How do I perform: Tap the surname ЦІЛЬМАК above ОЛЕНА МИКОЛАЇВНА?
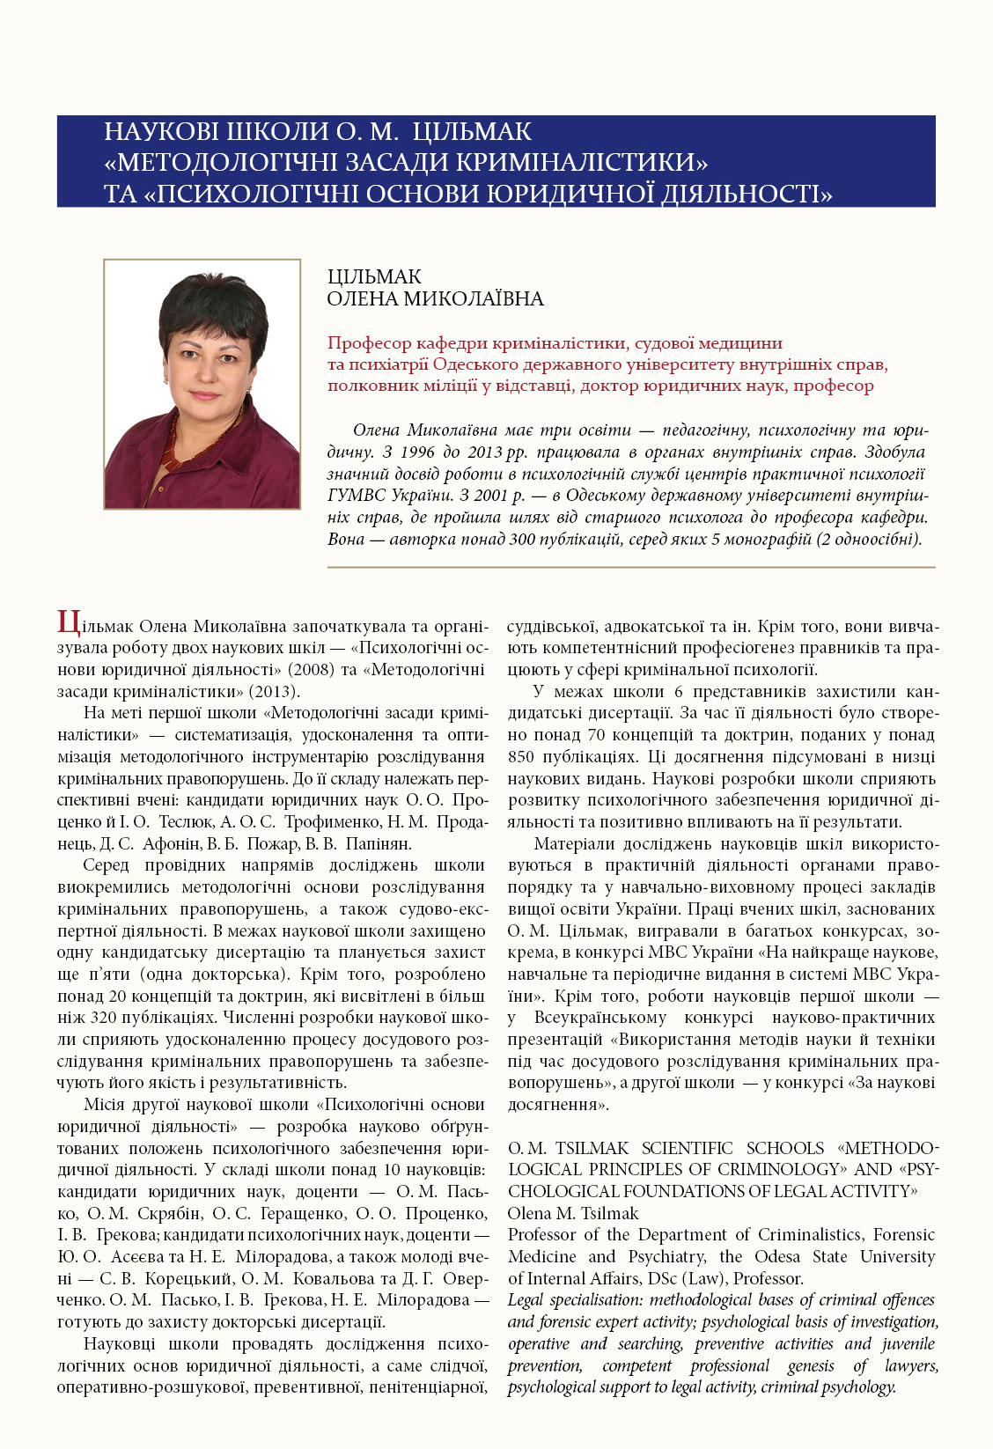coord(374,277)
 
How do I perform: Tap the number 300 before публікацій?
coord(523,539)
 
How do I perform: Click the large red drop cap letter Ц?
coord(69,623)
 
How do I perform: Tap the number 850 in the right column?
coord(524,757)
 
